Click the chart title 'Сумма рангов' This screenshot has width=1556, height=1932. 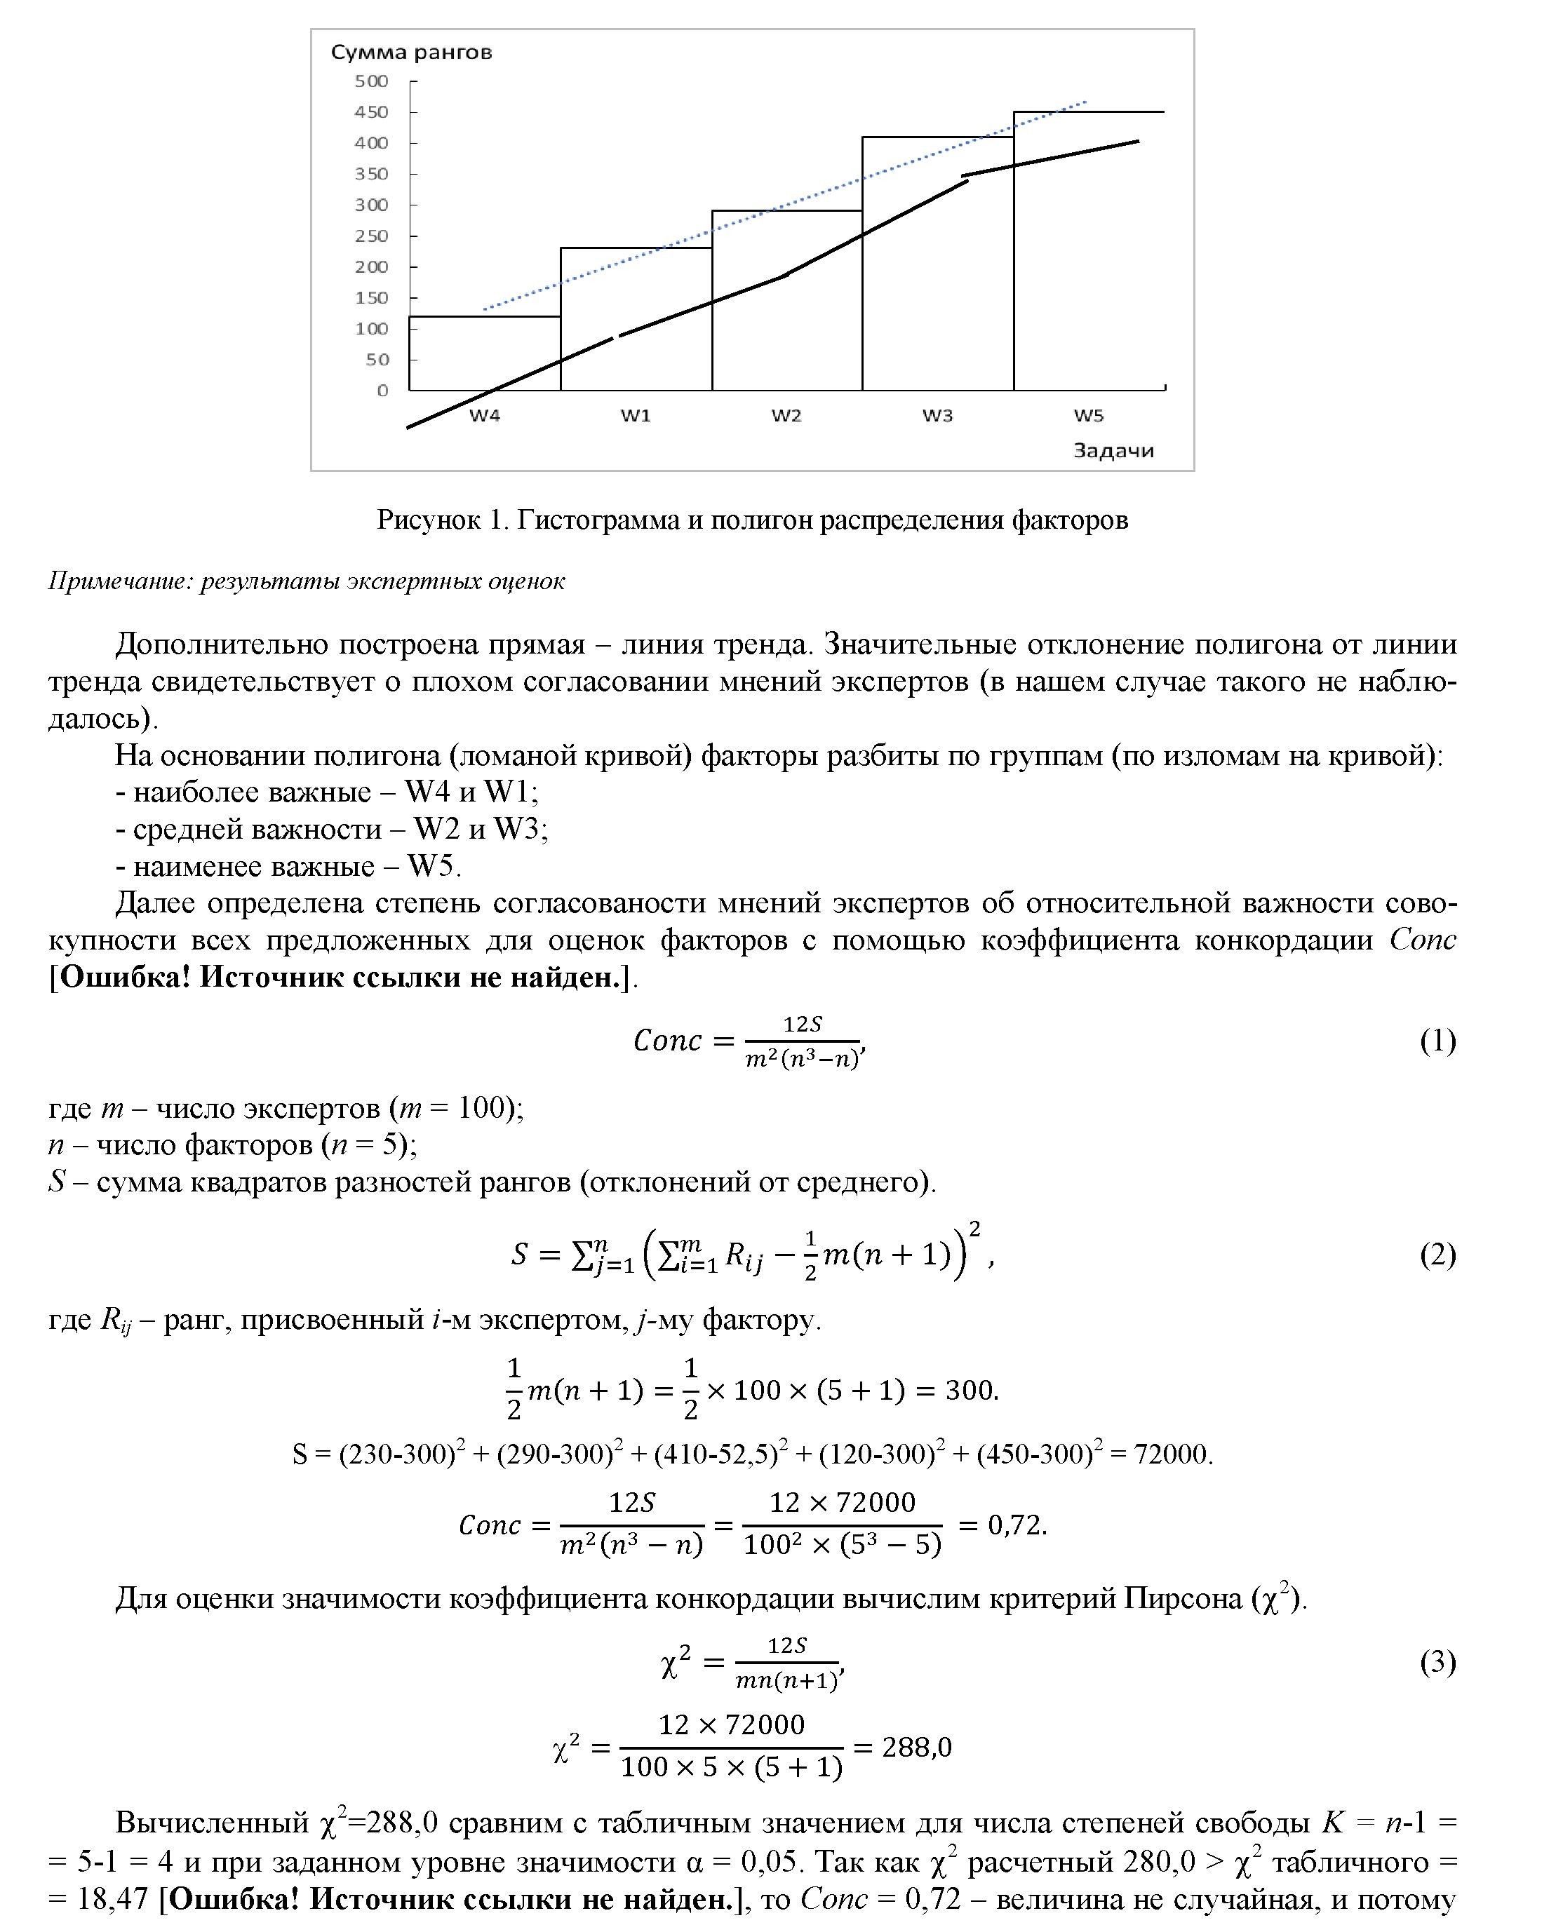tap(411, 52)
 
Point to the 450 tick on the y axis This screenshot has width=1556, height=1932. tap(371, 112)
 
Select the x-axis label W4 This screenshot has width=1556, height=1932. tap(485, 416)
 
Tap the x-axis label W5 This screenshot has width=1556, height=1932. tap(1088, 416)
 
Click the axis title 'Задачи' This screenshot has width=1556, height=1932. tap(1113, 451)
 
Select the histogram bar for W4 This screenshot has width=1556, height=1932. tap(485, 354)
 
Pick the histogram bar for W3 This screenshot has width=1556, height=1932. tap(937, 264)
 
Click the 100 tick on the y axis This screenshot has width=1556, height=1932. tap(371, 329)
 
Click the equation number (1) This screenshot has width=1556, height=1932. tap(1437, 1041)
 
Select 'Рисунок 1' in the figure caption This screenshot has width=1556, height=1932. tap(443, 520)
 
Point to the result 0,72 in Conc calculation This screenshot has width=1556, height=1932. tap(1017, 1525)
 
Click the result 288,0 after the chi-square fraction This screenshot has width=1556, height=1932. tap(916, 1748)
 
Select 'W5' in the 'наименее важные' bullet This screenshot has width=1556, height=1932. tap(433, 867)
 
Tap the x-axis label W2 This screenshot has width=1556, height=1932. tap(786, 416)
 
